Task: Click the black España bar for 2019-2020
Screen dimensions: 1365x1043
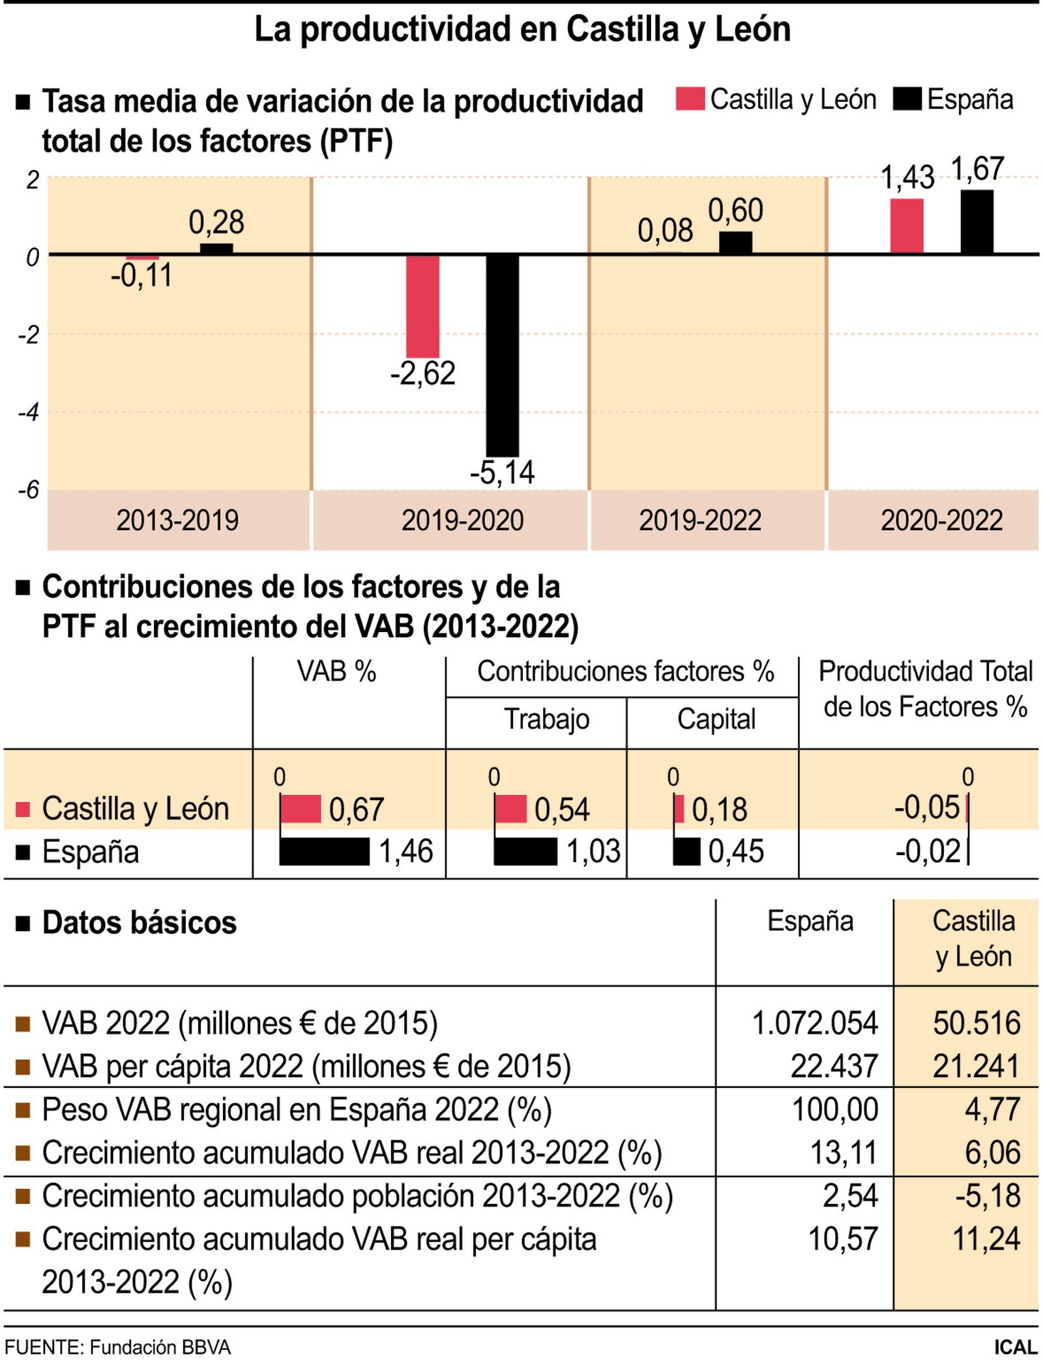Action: tap(502, 355)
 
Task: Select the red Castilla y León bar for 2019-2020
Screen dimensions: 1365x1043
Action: tap(422, 306)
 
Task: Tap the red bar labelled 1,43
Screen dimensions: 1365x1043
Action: tap(907, 226)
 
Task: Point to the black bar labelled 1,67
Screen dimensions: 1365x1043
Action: tap(977, 222)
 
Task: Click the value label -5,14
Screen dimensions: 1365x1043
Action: tap(502, 473)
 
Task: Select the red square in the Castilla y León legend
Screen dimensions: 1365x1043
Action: tap(690, 99)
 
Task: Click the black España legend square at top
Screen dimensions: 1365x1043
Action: tap(907, 99)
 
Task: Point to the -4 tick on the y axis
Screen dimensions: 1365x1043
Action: tap(29, 412)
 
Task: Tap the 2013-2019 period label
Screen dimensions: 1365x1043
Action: tap(177, 520)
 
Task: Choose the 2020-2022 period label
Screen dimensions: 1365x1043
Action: tap(941, 520)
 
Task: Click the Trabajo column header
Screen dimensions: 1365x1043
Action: tap(546, 719)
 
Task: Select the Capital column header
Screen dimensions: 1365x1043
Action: tap(716, 719)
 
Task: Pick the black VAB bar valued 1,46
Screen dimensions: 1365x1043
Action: tap(324, 852)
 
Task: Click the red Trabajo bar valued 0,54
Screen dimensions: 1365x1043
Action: tap(510, 809)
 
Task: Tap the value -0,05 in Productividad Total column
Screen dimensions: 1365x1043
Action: tap(926, 808)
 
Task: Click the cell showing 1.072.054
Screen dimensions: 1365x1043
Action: tap(814, 1023)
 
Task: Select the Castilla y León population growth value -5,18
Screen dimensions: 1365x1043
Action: tap(988, 1195)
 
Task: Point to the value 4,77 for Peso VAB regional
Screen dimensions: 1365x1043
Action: tap(992, 1109)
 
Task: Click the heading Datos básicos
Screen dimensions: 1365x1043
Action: tap(139, 923)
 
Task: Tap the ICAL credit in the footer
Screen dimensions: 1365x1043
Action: tap(1015, 1347)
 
